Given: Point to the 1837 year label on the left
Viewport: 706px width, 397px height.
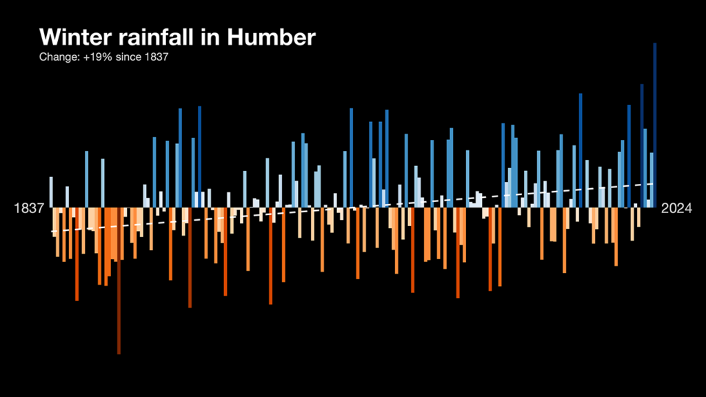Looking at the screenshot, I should click(29, 208).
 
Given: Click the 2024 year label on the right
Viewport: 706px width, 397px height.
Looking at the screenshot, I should click(677, 208).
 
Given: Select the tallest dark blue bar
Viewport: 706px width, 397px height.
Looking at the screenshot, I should click(654, 124).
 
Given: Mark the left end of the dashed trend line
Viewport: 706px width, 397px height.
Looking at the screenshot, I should click(52, 232).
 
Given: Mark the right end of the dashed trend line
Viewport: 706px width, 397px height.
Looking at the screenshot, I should click(654, 184).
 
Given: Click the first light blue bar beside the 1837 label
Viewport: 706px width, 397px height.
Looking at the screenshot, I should click(51, 192).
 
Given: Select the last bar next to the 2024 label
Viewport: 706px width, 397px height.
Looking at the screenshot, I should click(654, 124).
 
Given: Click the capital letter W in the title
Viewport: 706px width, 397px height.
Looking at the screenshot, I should click(50, 37).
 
